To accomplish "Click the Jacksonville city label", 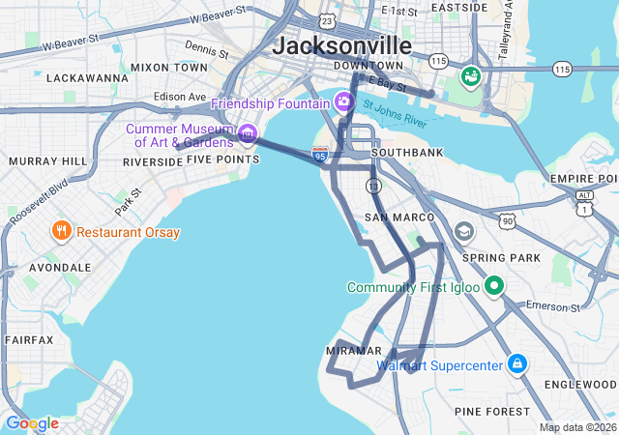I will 342,45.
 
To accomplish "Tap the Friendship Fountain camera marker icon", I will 344,101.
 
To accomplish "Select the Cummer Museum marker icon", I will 249,132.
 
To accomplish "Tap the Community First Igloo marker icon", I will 494,286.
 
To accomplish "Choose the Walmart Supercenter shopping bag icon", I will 517,364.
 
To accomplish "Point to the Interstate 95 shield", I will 320,154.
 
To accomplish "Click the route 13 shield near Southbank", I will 372,185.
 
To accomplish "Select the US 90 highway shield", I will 509,221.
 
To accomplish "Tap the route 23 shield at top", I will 328,19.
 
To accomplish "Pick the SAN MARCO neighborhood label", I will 390,217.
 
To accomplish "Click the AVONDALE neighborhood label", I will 60,267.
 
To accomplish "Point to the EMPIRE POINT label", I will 582,179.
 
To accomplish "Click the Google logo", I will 32,423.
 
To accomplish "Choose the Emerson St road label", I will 552,306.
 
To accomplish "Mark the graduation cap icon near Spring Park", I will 465,232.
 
